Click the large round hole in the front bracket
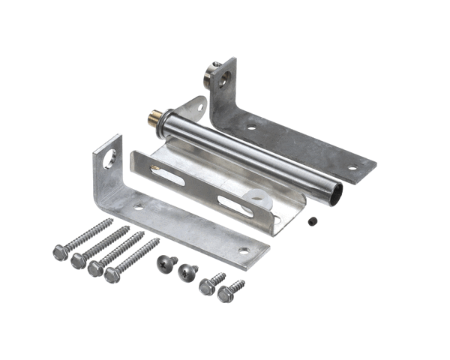coord(109,158)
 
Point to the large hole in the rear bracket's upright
coord(223,77)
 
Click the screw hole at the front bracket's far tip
coord(243,251)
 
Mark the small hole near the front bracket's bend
coord(137,205)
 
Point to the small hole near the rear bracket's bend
coord(251,127)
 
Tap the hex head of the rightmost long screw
coord(112,274)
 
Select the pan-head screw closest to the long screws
coord(164,262)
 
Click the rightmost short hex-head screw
coord(225,294)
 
